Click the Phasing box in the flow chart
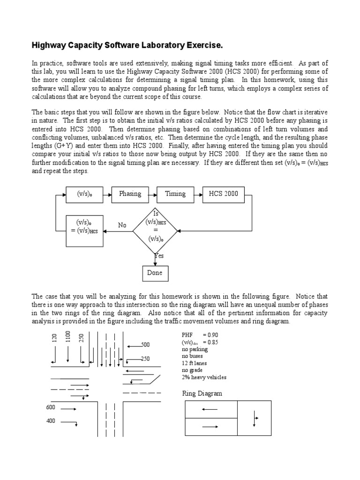click(x=130, y=194)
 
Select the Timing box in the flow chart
click(x=175, y=194)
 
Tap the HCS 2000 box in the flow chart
click(x=224, y=194)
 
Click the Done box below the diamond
click(x=155, y=273)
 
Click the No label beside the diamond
click(x=122, y=225)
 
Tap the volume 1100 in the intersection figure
click(x=68, y=337)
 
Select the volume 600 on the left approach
click(x=51, y=407)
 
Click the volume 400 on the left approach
click(x=51, y=421)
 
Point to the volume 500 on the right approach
click(x=146, y=345)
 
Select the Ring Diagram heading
click(x=202, y=394)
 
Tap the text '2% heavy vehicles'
click(x=204, y=377)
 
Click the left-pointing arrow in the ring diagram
click(x=210, y=409)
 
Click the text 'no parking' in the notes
click(x=195, y=349)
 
